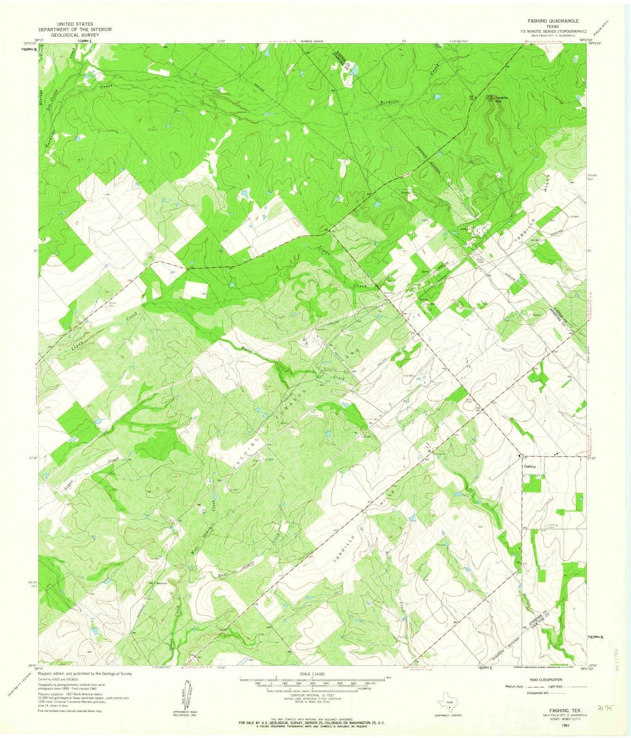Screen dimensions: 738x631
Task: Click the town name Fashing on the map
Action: (x=530, y=466)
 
